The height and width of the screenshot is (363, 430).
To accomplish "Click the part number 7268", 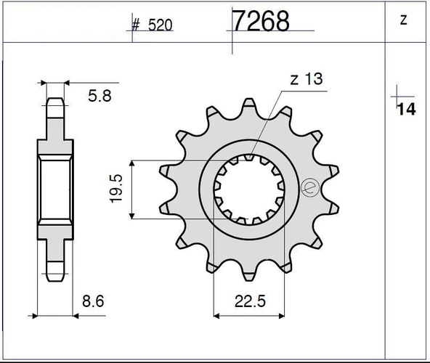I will (261, 21).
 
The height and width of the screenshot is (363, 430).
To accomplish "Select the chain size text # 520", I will (152, 25).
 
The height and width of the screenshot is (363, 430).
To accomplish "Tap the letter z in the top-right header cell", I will (403, 21).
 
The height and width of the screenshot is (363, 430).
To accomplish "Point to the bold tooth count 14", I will (405, 110).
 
